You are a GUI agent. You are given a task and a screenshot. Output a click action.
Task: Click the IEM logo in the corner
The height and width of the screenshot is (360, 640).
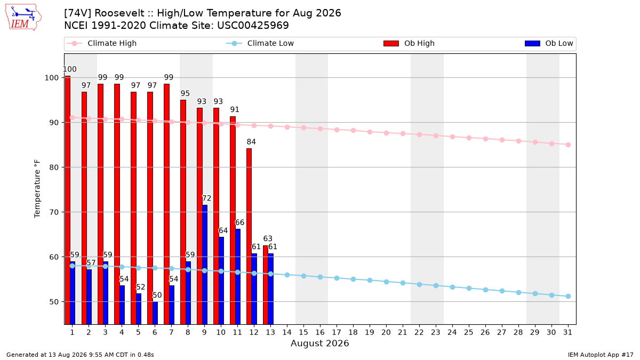point(23,18)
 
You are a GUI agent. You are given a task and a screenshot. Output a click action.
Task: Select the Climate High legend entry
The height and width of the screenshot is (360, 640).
point(101,43)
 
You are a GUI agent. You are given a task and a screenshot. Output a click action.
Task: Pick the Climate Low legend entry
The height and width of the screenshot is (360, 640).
point(260,43)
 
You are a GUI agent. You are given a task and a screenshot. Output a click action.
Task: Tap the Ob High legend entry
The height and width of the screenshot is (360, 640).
point(409,43)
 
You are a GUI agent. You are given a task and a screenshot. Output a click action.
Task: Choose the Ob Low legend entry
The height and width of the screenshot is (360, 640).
point(549,43)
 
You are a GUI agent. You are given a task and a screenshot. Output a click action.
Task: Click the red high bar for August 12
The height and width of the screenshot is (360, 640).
point(249,237)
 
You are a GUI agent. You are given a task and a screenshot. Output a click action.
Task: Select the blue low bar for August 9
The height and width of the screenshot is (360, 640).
point(205,265)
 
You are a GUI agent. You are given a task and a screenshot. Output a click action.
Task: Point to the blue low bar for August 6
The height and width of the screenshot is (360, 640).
point(155,313)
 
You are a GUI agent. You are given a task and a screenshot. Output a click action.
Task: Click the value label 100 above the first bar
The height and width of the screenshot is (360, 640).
point(70,69)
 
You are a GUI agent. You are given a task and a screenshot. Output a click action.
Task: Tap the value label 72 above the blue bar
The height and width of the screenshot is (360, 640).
point(206,198)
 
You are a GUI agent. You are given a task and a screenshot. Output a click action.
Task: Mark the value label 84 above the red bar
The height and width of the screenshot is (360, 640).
point(251,142)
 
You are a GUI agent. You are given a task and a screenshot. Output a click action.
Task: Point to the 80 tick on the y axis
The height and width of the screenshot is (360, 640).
point(54,167)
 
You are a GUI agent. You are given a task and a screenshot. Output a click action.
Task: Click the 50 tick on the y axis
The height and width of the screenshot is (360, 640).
point(54,302)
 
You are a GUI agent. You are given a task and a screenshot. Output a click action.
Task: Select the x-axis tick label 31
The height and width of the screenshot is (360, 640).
point(567,333)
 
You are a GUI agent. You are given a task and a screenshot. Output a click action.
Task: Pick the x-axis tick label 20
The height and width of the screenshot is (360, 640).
point(386,333)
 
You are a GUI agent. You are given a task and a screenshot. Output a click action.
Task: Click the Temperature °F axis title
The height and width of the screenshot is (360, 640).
point(37,189)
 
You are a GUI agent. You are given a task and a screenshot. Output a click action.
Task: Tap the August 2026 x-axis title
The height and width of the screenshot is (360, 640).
point(320,343)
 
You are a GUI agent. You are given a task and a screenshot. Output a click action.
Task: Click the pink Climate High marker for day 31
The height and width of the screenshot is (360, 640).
point(569,145)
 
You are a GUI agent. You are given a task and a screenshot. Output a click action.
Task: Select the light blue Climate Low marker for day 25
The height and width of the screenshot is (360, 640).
point(469,289)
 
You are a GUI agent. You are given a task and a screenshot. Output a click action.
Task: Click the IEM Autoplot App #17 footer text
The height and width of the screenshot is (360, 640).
point(601,355)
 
